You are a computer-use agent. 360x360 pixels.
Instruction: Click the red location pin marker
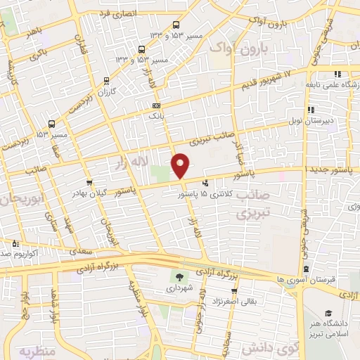181,166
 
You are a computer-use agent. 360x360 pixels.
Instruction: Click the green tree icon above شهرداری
179,276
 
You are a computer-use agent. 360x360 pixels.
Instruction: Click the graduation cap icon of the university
328,313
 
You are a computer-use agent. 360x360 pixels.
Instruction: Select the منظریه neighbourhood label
37,350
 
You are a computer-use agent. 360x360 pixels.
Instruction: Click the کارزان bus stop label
106,92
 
